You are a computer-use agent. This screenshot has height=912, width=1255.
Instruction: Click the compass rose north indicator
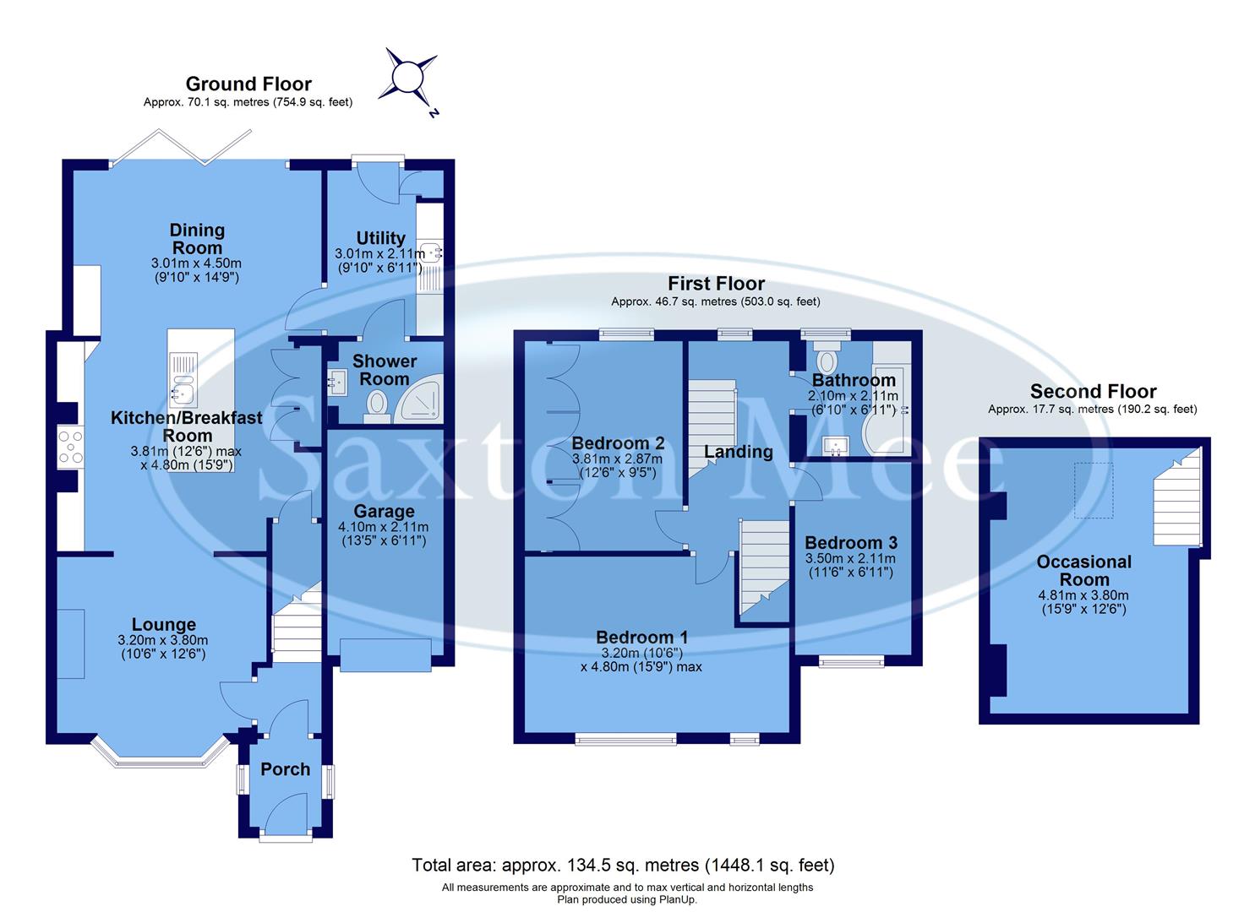coord(412,79)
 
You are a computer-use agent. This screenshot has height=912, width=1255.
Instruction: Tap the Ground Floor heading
coord(248,84)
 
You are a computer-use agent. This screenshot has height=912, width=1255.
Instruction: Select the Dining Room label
coord(197,238)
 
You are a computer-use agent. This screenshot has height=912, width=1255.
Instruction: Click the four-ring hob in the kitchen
coord(70,447)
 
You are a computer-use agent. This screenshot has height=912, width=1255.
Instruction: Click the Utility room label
coord(380,237)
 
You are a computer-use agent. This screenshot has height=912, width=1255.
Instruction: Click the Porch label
coord(285,769)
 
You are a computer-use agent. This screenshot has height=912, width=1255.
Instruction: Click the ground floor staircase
coord(296,621)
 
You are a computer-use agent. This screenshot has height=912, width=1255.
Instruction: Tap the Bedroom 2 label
coord(618,443)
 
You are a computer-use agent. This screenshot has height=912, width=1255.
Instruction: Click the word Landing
coord(738,452)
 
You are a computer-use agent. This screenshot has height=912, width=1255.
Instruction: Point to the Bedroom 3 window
coord(851,661)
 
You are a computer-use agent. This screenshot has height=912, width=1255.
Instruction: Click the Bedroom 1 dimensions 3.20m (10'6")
coord(641,653)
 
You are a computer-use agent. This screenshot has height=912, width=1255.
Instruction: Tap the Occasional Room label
coord(1083,571)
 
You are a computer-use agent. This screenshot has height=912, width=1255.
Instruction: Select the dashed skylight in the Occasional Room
coord(1094,490)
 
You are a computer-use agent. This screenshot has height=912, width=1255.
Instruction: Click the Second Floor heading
coord(1093,391)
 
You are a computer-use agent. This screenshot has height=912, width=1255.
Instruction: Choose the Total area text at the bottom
coord(623,865)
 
